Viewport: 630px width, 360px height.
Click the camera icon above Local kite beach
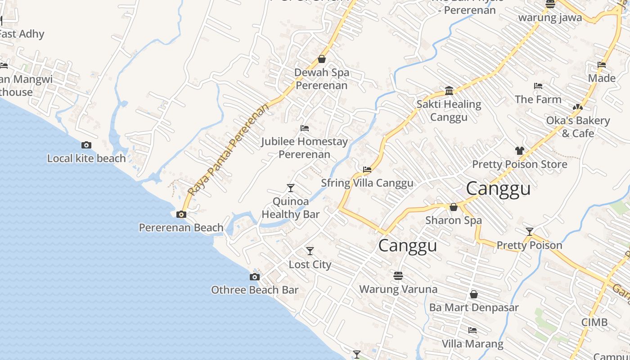[86, 145]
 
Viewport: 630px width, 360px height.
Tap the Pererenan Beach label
[181, 228]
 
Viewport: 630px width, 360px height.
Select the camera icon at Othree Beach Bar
[255, 277]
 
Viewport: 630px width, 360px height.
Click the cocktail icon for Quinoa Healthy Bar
[291, 188]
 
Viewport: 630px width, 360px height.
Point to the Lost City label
[310, 265]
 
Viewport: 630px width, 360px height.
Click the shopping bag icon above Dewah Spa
[322, 59]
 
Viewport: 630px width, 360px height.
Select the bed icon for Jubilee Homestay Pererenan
[305, 128]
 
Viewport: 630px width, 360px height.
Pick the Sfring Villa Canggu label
[367, 183]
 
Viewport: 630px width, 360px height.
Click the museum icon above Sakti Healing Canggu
[449, 91]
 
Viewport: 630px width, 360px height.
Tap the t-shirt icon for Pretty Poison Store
[520, 151]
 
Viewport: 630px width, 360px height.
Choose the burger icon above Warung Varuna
[398, 275]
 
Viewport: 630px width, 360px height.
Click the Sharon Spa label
[454, 220]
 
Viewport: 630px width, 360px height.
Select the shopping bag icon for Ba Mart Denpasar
[473, 294]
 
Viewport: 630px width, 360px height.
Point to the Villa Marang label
[472, 344]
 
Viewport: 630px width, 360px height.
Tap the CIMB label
[594, 322]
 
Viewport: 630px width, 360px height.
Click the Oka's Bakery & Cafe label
[578, 127]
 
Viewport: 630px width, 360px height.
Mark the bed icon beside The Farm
[538, 86]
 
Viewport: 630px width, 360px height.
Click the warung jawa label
[550, 18]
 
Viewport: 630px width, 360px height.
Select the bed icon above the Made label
[602, 65]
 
